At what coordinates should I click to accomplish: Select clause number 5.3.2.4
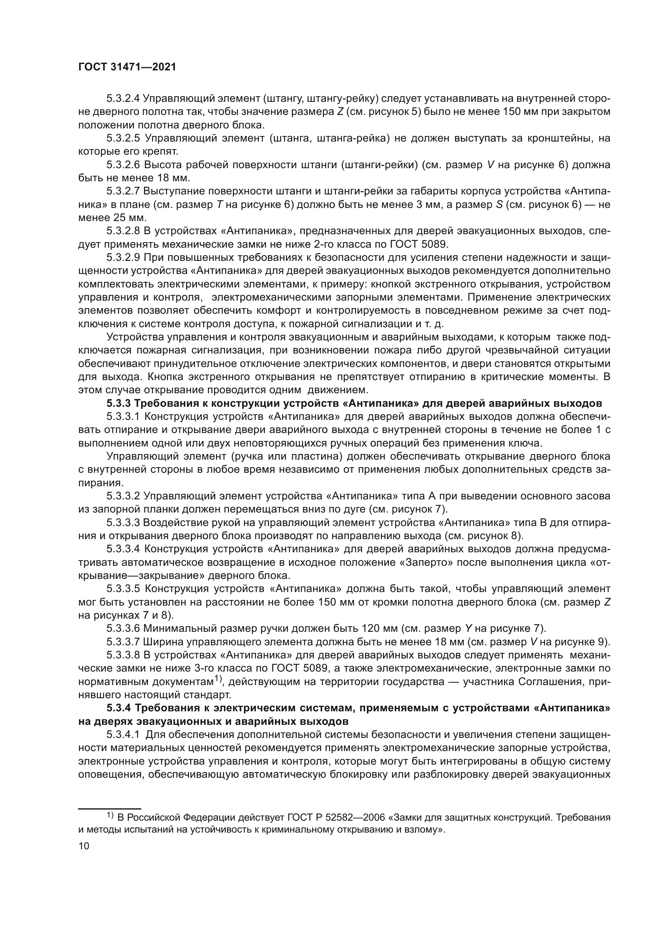[x=123, y=99]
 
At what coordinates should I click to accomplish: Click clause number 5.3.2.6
[x=123, y=165]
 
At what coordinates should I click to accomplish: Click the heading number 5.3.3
[x=118, y=404]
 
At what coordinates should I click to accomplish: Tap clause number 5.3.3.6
[x=123, y=629]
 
